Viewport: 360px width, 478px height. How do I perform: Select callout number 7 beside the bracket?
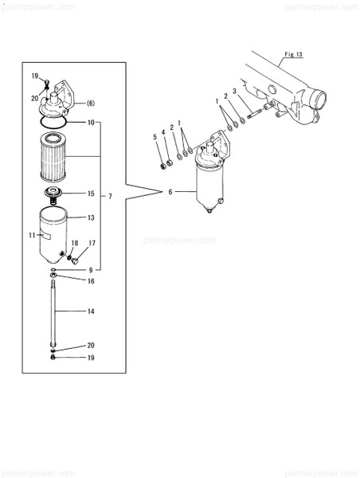pos(111,196)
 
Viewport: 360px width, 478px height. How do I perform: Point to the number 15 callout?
pos(91,194)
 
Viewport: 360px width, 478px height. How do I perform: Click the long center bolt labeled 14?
pos(53,311)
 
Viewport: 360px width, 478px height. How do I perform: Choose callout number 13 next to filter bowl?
pos(91,217)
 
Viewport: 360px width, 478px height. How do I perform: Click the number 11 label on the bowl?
pos(32,236)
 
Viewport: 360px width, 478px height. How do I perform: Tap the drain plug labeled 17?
pos(74,258)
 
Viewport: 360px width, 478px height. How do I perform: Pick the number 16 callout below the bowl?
pos(91,281)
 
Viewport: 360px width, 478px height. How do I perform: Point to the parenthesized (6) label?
pos(91,104)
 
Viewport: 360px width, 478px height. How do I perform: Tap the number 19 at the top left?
pos(35,75)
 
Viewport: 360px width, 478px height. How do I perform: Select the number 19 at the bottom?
pos(91,358)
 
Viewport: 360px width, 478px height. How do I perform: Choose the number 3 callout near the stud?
pos(234,91)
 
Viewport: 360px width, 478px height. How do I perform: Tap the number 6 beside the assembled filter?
pos(169,192)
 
